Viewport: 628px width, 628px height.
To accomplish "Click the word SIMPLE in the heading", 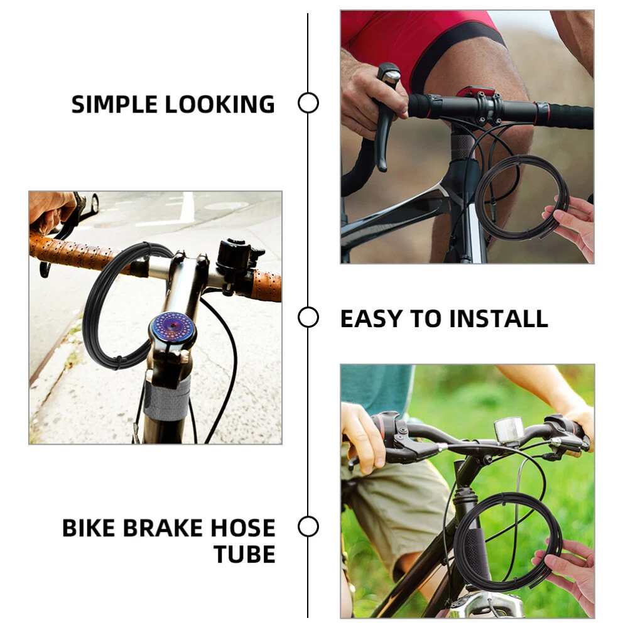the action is coord(114,104).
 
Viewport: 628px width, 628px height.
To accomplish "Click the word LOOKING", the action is coord(220,104).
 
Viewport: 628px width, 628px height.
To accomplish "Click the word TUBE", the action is coord(245,555).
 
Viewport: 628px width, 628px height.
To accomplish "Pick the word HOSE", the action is coord(243,528).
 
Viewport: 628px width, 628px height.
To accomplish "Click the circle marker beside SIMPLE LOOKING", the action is coord(308,103).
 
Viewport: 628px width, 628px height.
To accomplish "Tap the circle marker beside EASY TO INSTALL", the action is coord(308,317).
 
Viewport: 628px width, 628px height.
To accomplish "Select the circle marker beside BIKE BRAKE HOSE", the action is coord(308,526).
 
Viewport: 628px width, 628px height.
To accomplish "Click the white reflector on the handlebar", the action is coord(508,432).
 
